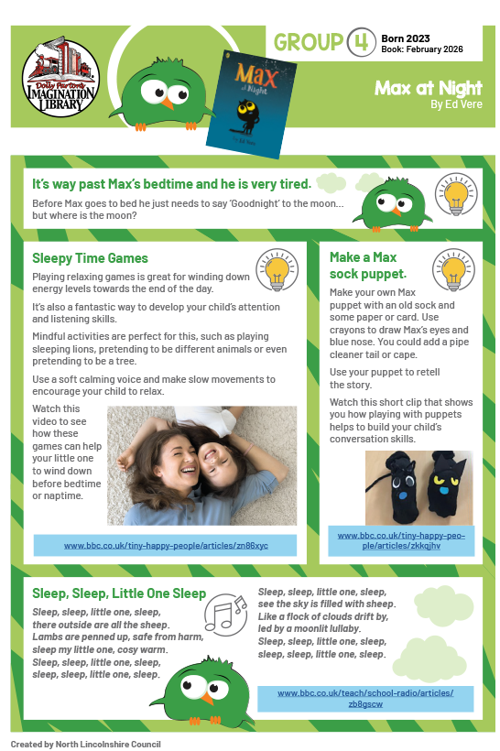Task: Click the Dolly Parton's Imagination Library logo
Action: (x=61, y=75)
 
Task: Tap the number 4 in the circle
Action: (x=361, y=42)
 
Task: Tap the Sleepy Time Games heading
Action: (x=91, y=258)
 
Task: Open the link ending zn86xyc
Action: (x=166, y=546)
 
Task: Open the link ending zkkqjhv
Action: (x=403, y=540)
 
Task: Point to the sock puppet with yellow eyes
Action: (x=443, y=488)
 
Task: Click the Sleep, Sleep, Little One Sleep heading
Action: (x=119, y=593)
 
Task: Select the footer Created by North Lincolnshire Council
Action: (x=86, y=744)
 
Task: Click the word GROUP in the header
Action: (x=307, y=42)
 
